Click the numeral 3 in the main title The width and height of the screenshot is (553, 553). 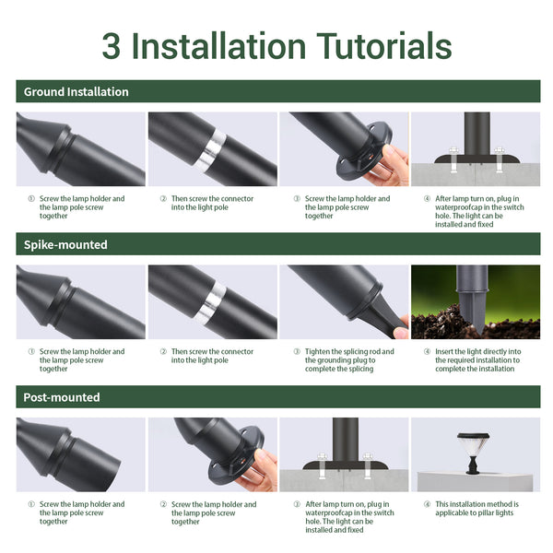pos(112,46)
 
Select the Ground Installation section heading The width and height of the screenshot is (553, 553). pos(76,91)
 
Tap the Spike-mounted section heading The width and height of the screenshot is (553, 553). pos(65,244)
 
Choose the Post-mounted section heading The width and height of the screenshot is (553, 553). pos(62,397)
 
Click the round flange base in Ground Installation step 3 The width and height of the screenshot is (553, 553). pos(363,152)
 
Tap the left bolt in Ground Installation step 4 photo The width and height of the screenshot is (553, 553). pos(453,159)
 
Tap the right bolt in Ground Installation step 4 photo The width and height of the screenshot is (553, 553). pos(500,159)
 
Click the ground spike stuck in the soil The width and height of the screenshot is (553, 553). pos(472,300)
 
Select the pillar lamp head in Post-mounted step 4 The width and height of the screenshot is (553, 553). pos(474,445)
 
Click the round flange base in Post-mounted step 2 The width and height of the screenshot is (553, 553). pos(236,456)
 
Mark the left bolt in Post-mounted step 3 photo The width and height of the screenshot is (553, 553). pos(322,465)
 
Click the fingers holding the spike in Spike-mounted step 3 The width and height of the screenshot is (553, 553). pos(401,327)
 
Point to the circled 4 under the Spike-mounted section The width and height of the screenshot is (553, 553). pos(427,352)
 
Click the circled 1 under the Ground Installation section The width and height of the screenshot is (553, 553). pos(31,198)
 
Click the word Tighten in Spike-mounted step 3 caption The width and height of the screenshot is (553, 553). pos(317,352)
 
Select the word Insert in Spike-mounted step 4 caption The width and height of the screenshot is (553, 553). pos(445,352)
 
